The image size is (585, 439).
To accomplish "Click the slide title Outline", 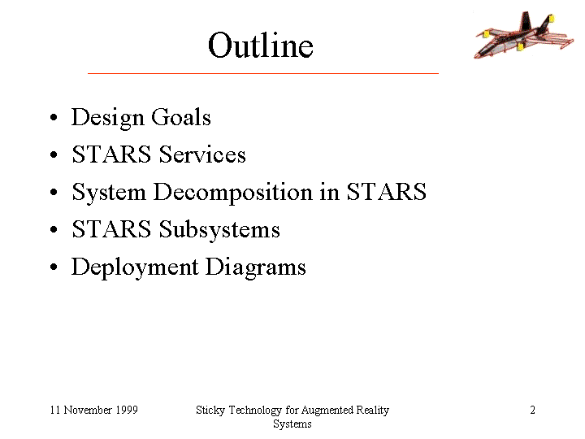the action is point(261,46).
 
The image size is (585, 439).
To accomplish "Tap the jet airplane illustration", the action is point(524,35).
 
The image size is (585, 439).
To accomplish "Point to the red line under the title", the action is point(263,73).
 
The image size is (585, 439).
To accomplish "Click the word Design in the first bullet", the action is point(108,118).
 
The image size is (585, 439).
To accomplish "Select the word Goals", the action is point(181,117).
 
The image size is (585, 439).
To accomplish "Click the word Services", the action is point(202,154).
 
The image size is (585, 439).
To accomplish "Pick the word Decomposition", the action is point(233,193).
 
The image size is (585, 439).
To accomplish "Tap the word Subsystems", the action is point(219,228).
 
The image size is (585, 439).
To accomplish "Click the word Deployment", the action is point(135,267).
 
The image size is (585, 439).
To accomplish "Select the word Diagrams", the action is point(256,267).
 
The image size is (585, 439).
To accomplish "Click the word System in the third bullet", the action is point(109,193).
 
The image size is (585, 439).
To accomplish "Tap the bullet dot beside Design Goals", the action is point(54,117).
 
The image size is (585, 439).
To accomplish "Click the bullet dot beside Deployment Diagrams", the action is point(54,267).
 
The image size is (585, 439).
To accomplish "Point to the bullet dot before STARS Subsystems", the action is point(54,229).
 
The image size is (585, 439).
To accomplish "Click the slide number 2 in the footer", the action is point(533,410).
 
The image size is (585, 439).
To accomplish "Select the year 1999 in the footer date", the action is point(127,410).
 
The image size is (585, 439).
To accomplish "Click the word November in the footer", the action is point(88,410).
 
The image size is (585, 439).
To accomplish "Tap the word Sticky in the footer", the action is point(210,411).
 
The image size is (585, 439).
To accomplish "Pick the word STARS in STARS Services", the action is point(111,154).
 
